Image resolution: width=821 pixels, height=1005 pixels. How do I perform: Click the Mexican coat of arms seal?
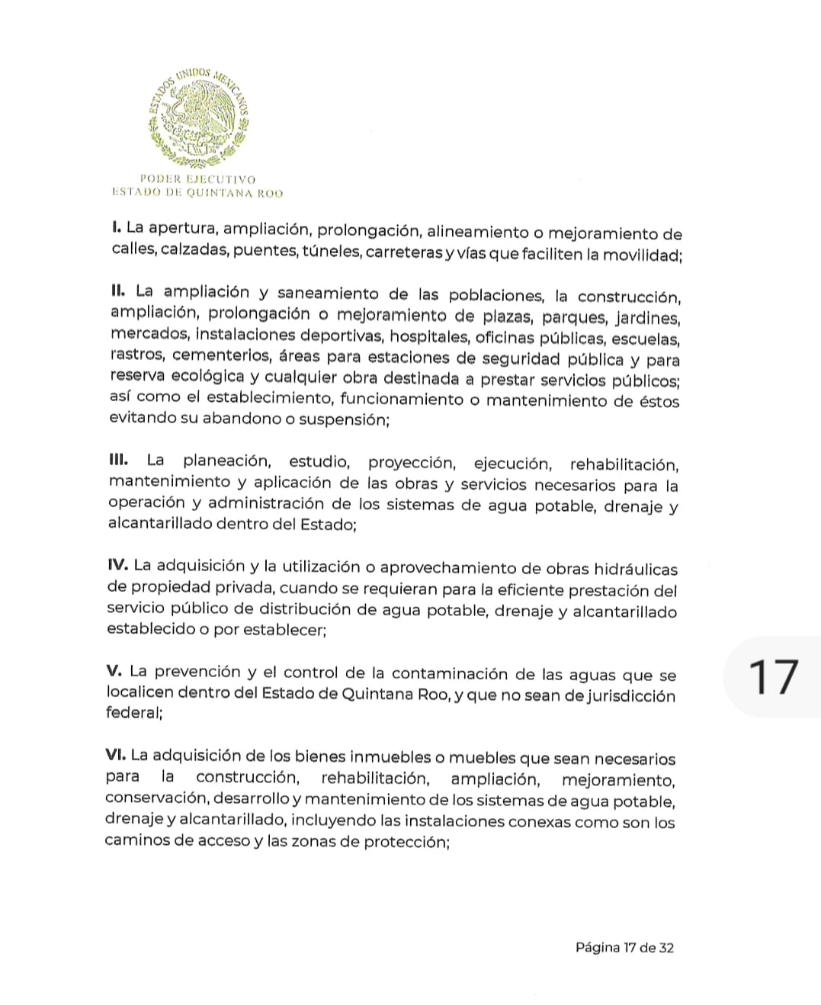(199, 117)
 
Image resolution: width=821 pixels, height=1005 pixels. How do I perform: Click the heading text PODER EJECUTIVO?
(197, 179)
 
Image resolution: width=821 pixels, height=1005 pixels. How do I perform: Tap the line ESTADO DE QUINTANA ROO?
(197, 193)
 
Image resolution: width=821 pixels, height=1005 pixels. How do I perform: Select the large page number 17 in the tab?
(773, 677)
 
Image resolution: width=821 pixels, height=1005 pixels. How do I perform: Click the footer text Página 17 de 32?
(624, 948)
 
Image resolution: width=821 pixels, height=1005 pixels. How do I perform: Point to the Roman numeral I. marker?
(117, 227)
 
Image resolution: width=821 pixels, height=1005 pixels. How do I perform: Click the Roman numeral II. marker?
(118, 291)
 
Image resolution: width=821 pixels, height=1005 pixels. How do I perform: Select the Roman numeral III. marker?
(118, 460)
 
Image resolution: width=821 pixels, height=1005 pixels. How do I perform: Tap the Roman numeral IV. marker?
(117, 565)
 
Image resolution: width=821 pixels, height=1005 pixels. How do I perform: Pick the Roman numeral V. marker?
(114, 671)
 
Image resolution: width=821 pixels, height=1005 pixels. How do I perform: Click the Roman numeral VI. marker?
(116, 755)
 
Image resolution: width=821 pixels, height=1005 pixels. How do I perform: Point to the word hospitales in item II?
(428, 336)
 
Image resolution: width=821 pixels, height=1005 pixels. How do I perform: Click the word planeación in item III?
(226, 461)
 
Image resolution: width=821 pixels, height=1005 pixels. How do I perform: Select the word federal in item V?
(133, 713)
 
